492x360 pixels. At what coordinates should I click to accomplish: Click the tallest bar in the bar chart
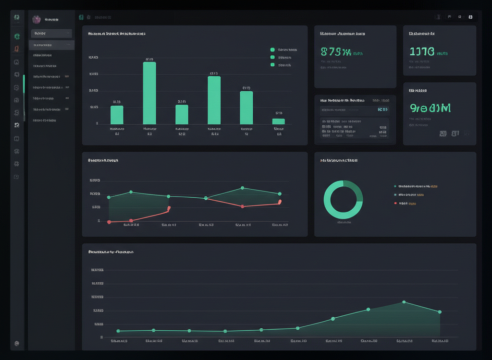(149, 93)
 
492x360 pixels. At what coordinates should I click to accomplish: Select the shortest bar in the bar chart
(279, 121)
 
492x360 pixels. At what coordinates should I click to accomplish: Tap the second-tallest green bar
(214, 100)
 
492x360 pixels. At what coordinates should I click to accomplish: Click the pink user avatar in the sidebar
(36, 19)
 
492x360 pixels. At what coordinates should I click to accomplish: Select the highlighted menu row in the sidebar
(51, 45)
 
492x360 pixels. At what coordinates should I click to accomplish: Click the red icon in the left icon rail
(17, 49)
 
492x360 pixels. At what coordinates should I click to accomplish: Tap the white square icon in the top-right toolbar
(470, 17)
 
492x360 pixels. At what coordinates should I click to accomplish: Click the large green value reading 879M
(336, 52)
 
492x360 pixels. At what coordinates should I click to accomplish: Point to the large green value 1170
(422, 51)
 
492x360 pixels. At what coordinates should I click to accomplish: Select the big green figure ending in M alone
(430, 108)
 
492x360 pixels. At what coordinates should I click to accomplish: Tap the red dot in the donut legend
(395, 203)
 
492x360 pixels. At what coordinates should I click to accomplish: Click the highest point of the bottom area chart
(404, 302)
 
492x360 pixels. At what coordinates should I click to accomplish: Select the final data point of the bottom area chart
(440, 312)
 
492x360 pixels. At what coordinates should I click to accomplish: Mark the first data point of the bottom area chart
(118, 331)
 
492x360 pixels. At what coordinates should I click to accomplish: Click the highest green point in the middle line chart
(243, 188)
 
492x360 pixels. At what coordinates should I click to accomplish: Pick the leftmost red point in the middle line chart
(109, 222)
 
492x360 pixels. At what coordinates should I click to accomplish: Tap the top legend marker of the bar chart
(272, 49)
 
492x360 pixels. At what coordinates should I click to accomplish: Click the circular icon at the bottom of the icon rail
(17, 343)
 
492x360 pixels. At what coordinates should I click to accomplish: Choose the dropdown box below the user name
(51, 34)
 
